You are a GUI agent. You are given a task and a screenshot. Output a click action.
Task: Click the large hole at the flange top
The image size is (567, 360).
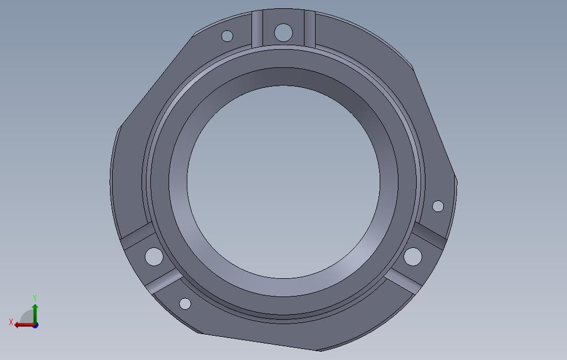click(x=283, y=32)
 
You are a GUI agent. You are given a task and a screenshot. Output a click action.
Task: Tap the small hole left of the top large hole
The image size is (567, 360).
click(x=227, y=36)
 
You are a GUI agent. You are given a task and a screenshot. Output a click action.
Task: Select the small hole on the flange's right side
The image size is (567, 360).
click(x=438, y=206)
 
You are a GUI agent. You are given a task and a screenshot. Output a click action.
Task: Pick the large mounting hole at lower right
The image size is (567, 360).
click(x=413, y=256)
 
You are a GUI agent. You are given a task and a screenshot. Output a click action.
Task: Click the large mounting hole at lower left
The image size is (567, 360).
click(x=154, y=257)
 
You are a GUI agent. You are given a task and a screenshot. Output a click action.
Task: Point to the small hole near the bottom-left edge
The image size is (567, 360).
click(x=185, y=304)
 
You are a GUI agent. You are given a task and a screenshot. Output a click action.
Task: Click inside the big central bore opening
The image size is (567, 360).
click(x=283, y=182)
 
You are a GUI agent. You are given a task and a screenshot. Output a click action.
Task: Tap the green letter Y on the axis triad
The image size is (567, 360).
click(x=35, y=298)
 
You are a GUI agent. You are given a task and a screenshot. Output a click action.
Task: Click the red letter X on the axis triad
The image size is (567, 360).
click(x=11, y=322)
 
